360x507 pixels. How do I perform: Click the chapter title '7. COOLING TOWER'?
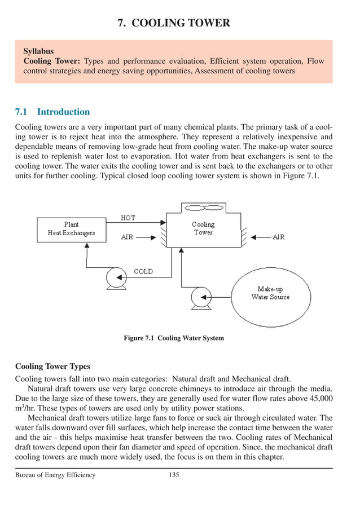[173, 23]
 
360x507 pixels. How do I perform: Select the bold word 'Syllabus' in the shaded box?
[38, 51]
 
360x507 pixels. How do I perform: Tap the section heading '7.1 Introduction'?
[52, 112]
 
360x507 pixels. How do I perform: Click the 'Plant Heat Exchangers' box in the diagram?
[71, 228]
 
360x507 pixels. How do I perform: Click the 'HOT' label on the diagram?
[128, 218]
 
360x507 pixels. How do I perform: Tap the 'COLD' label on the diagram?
[143, 271]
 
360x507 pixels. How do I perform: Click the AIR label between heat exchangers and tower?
[128, 237]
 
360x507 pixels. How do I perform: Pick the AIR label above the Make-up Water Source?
[278, 237]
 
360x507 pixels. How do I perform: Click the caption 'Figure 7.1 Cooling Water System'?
[174, 338]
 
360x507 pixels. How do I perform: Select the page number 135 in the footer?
[174, 475]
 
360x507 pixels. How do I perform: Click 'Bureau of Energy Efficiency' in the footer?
[55, 475]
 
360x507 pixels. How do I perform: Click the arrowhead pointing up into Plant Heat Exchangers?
[86, 247]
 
